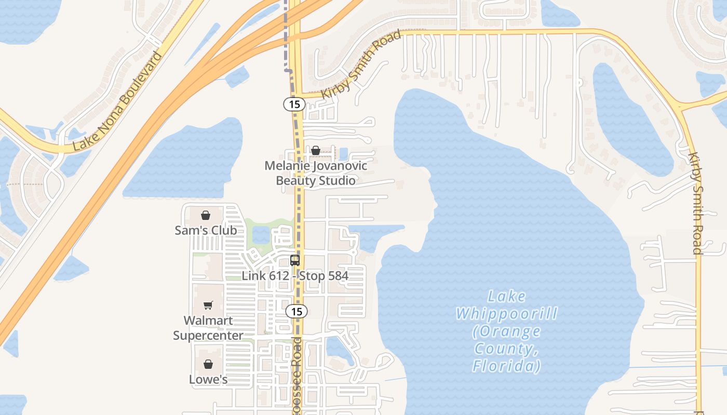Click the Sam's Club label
tap(206, 230)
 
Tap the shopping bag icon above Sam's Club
tap(206, 215)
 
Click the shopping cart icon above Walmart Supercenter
tap(208, 305)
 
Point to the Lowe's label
tap(208, 379)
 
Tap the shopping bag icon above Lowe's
tap(208, 364)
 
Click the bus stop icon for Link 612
tap(295, 260)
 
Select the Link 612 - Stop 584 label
tap(295, 275)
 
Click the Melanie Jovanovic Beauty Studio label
tap(316, 173)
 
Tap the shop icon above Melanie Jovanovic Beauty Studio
tap(315, 150)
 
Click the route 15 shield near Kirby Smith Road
tap(294, 104)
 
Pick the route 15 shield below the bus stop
tap(296, 311)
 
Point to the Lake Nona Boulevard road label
tap(117, 101)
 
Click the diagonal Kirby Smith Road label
tap(361, 65)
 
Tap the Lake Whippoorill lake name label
tap(506, 331)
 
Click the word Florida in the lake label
tap(506, 366)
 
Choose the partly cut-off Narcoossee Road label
tap(297, 376)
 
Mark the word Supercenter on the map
tap(208, 336)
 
